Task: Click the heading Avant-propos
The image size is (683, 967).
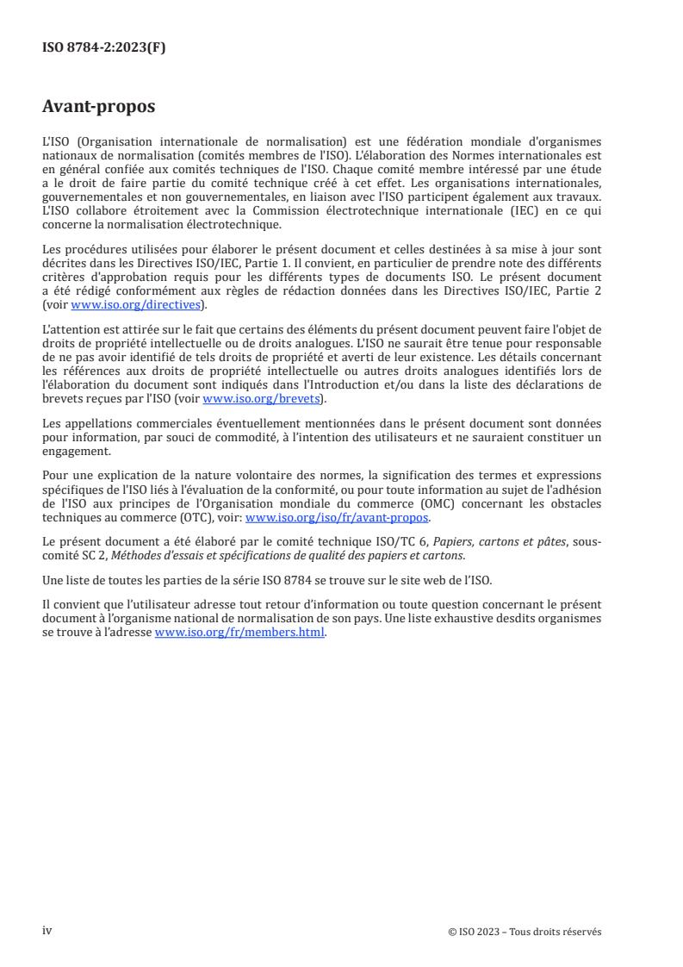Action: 98,108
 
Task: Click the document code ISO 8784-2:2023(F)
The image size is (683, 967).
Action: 104,48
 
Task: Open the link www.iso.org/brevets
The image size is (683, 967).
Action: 259,400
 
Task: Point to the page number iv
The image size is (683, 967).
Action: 47,931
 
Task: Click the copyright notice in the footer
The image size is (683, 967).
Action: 525,932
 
